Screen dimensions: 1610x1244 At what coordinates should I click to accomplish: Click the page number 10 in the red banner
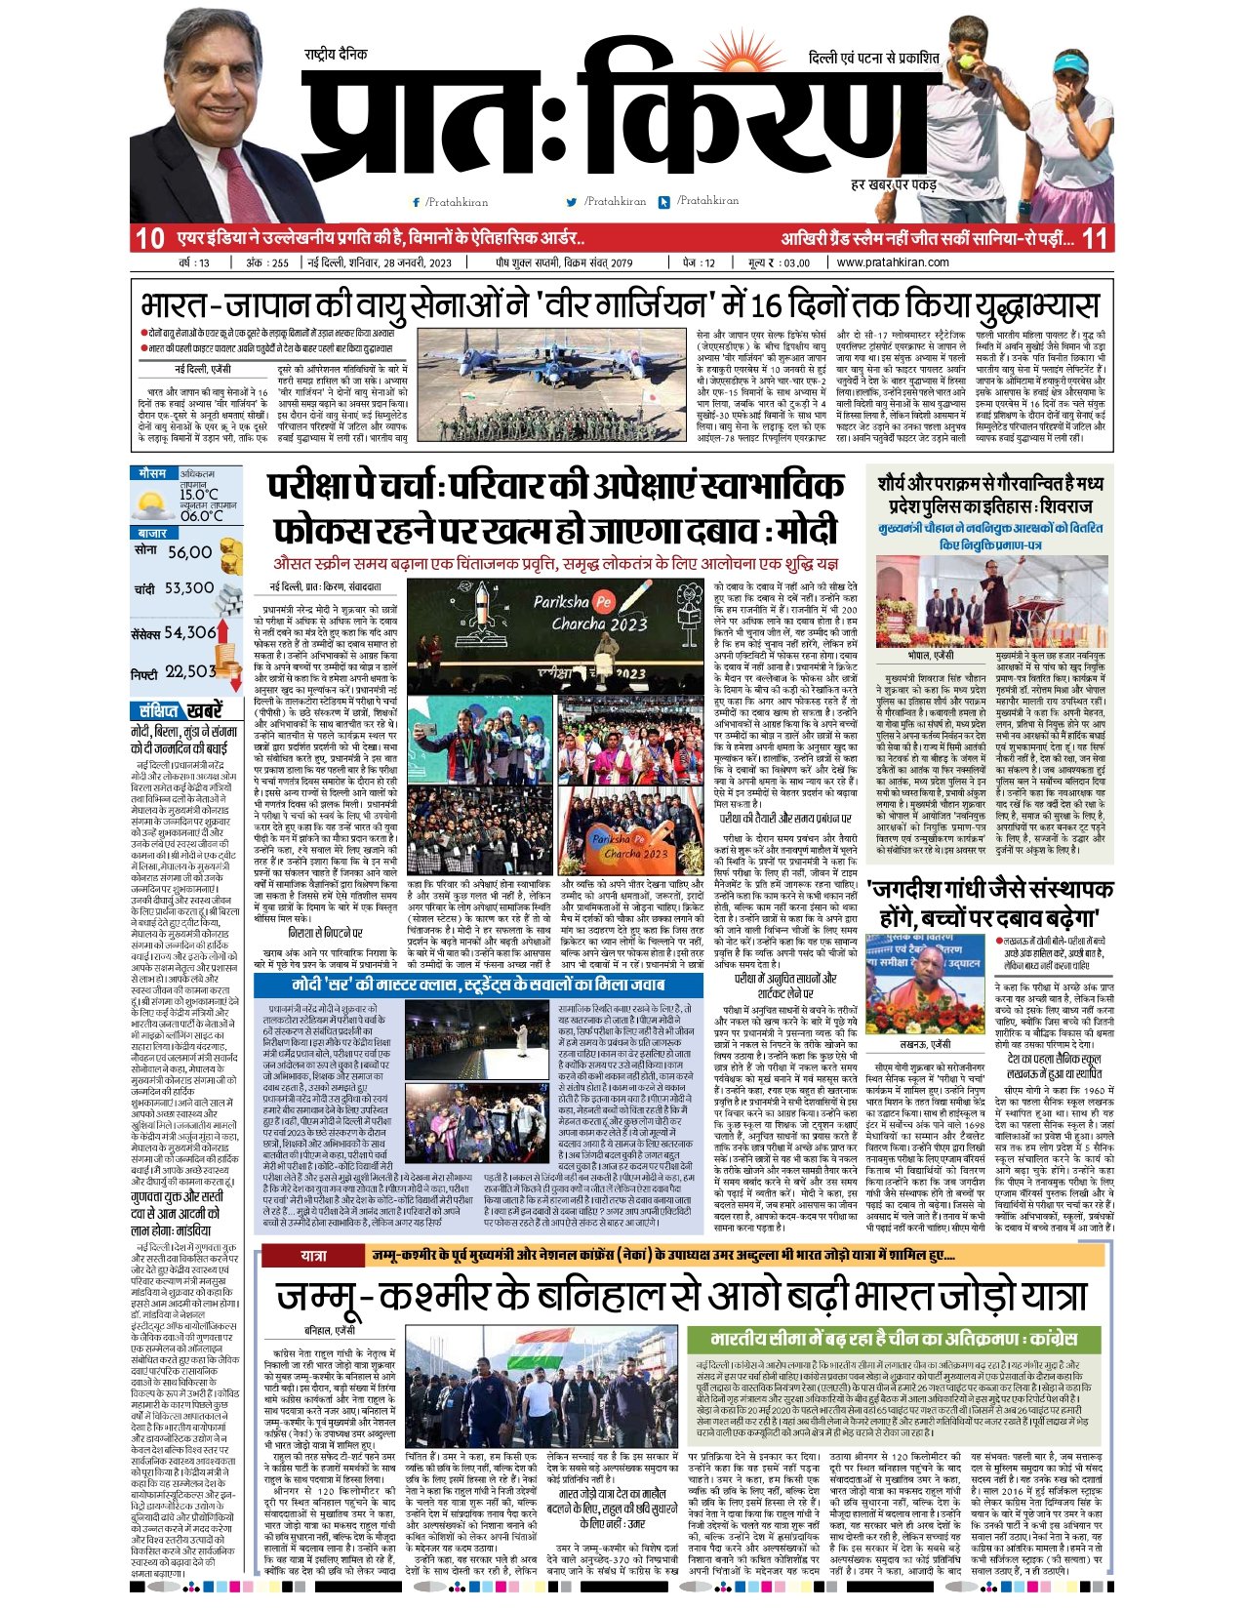coord(149,238)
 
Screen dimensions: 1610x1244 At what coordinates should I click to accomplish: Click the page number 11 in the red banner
coord(1096,238)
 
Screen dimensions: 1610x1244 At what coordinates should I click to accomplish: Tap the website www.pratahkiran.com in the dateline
coord(892,262)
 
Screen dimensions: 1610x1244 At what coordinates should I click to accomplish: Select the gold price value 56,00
coord(189,552)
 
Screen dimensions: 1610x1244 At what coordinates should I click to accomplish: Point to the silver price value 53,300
coord(189,588)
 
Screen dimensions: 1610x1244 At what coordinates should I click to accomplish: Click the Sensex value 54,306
coord(188,632)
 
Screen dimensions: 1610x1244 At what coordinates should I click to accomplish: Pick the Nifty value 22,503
coord(189,671)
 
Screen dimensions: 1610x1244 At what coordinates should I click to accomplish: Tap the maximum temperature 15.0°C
coord(199,495)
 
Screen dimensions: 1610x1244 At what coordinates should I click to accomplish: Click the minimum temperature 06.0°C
coord(201,516)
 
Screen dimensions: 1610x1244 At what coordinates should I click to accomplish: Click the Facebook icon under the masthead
coord(417,202)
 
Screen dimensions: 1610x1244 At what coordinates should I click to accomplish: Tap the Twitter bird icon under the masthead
coord(572,202)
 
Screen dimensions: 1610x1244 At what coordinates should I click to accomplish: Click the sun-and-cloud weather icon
coord(154,504)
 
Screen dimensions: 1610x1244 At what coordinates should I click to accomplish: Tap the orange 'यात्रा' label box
coord(313,1255)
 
